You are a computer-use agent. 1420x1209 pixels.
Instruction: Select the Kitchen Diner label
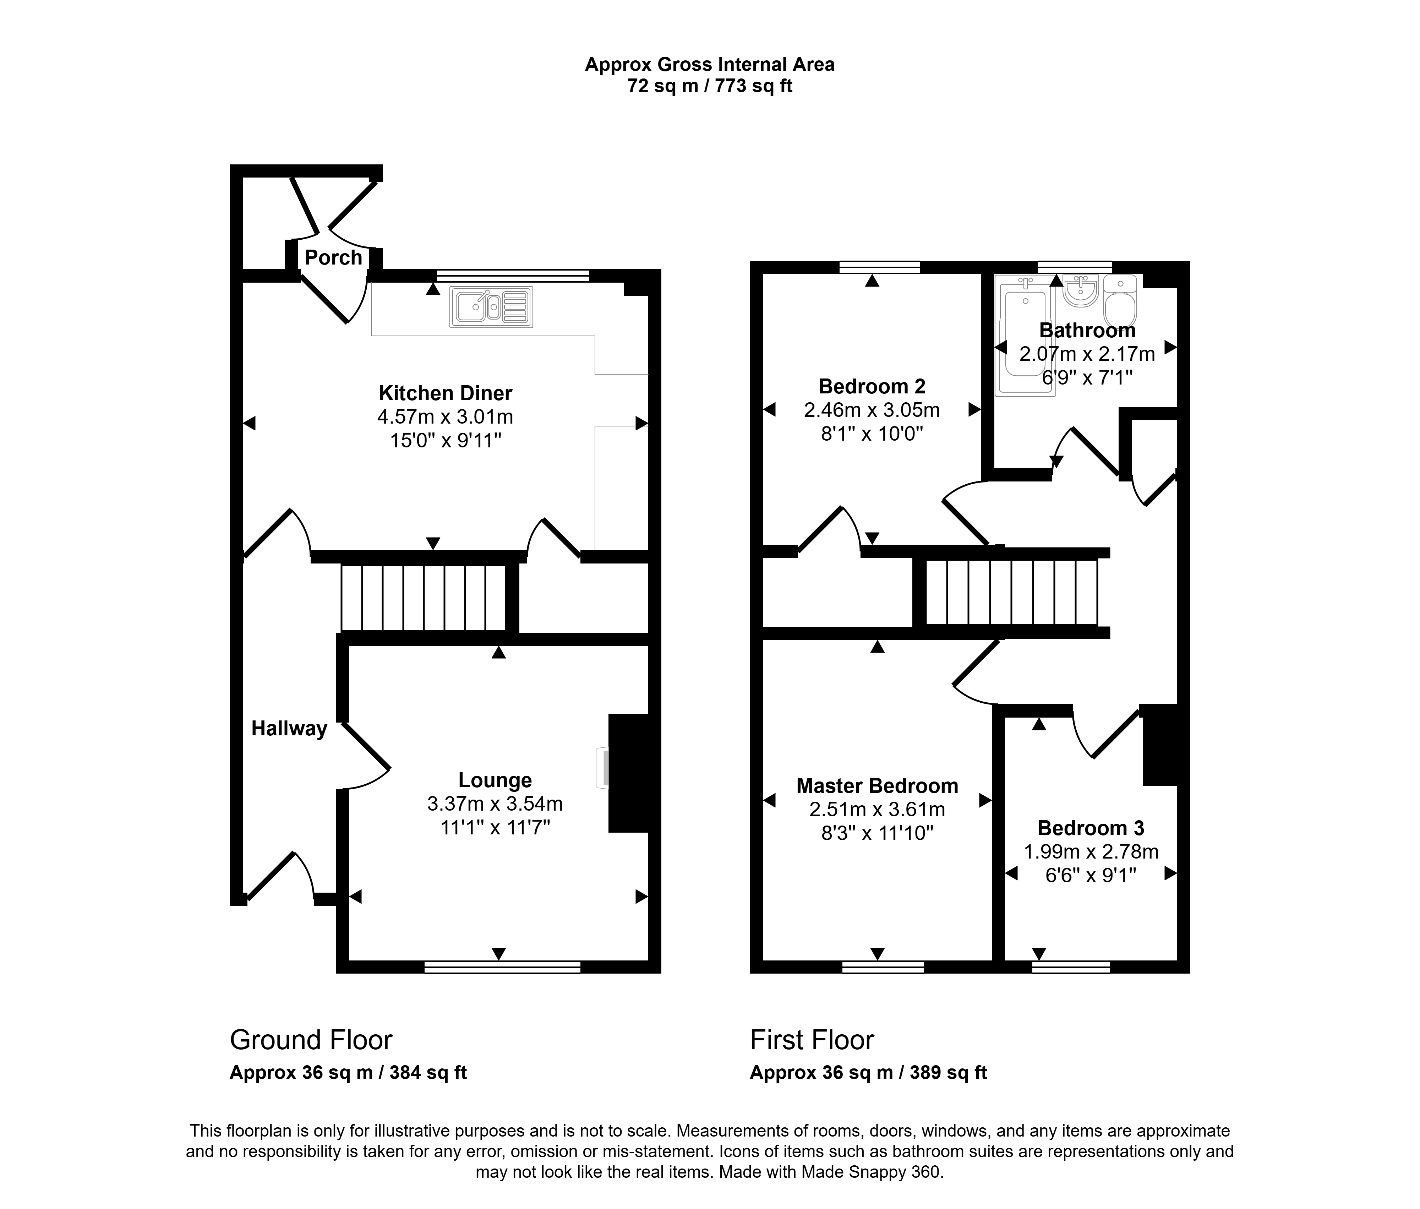click(446, 393)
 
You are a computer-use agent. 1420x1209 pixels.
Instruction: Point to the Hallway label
click(289, 729)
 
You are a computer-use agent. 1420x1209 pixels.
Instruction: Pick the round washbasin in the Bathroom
click(1081, 290)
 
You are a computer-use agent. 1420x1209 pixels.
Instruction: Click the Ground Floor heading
click(311, 1040)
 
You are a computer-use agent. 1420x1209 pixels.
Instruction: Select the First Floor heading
click(812, 1040)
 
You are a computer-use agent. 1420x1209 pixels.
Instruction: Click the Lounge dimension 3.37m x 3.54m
click(495, 803)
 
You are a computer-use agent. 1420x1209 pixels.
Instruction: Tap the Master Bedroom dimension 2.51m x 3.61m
click(877, 810)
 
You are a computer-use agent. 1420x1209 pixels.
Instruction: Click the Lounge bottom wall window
click(502, 967)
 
